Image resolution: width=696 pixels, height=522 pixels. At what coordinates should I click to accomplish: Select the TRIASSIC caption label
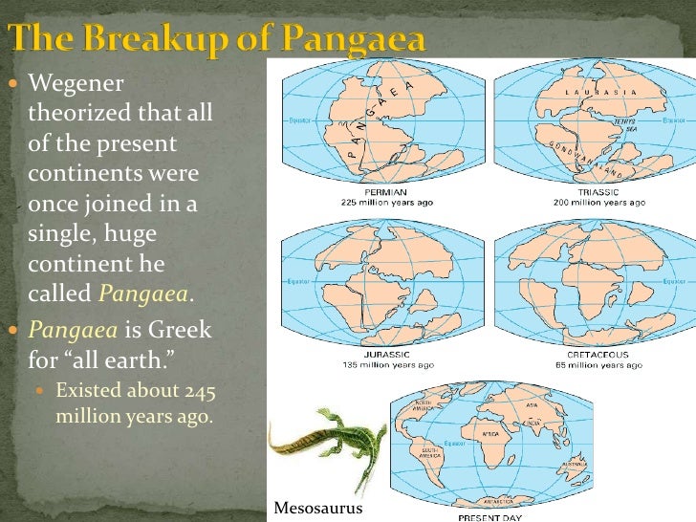click(x=598, y=192)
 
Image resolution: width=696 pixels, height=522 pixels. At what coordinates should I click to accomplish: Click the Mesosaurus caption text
click(x=318, y=508)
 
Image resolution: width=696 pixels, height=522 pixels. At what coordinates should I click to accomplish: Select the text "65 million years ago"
click(x=598, y=364)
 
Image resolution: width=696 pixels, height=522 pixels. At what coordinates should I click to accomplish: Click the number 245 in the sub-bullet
click(x=193, y=389)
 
